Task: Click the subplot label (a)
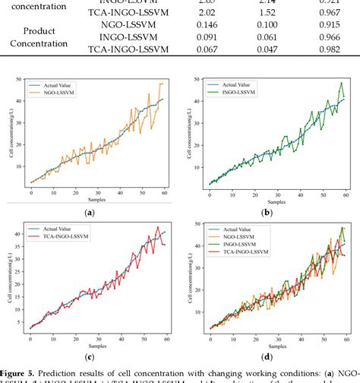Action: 90,214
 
